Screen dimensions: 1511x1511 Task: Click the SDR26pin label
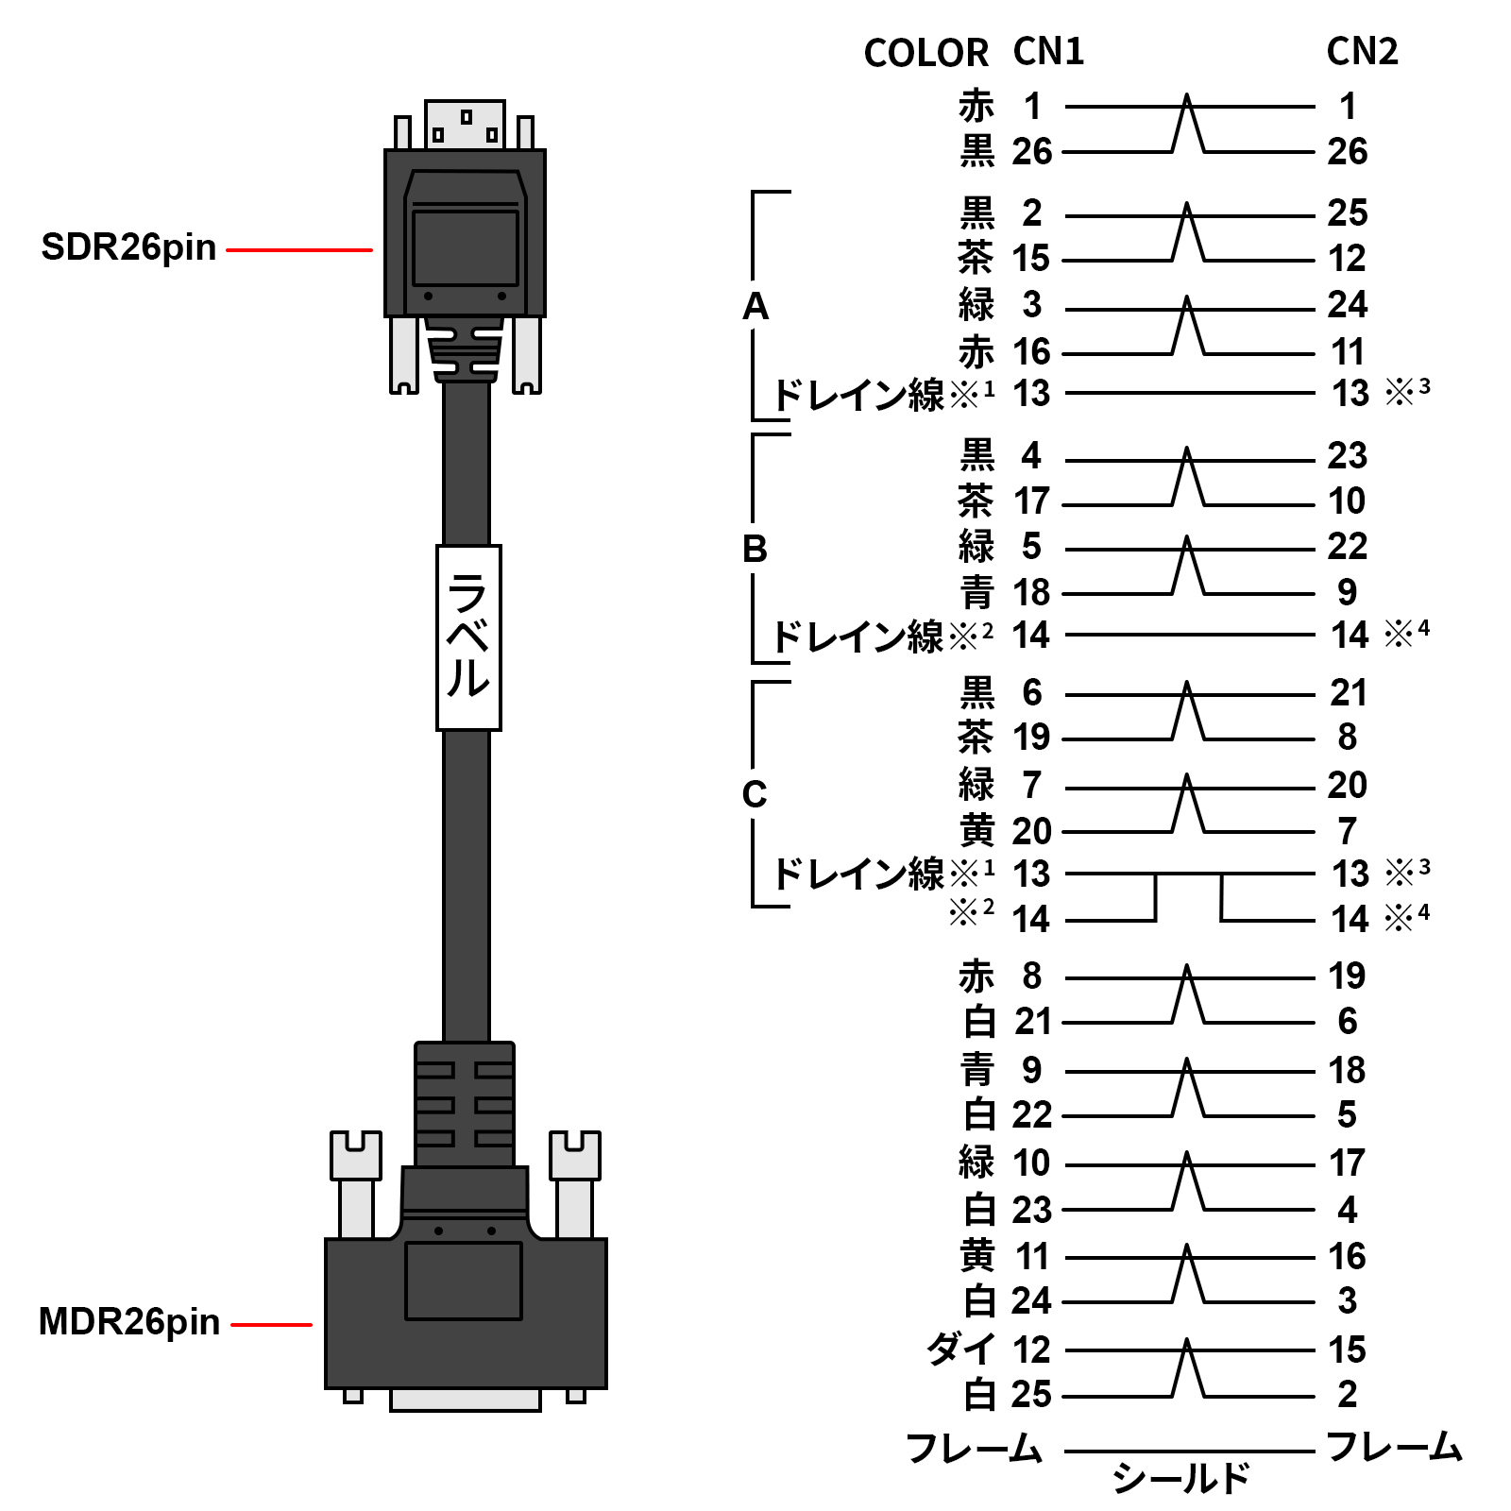128,247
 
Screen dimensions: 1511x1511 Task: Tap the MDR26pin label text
128,1322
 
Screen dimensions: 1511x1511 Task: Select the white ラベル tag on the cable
468,637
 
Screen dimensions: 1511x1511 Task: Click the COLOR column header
925,53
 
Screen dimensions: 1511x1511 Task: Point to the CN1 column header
1048,52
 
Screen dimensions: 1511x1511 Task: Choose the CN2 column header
1362,52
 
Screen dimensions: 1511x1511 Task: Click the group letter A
755,306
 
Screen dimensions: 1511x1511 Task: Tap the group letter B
755,549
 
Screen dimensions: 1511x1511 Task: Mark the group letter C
754,794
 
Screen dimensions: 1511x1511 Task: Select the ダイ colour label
961,1349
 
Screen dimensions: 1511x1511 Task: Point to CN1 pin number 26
1031,151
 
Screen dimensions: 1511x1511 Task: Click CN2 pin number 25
1347,213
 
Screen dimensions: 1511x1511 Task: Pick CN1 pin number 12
1031,1350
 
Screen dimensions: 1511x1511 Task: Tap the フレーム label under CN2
1394,1447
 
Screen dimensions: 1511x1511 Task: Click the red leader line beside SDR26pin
299,250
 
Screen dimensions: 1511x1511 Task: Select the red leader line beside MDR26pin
271,1325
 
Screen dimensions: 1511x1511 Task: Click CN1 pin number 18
1031,593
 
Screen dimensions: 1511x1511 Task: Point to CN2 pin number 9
1347,593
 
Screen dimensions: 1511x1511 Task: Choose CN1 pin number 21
1033,1021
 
